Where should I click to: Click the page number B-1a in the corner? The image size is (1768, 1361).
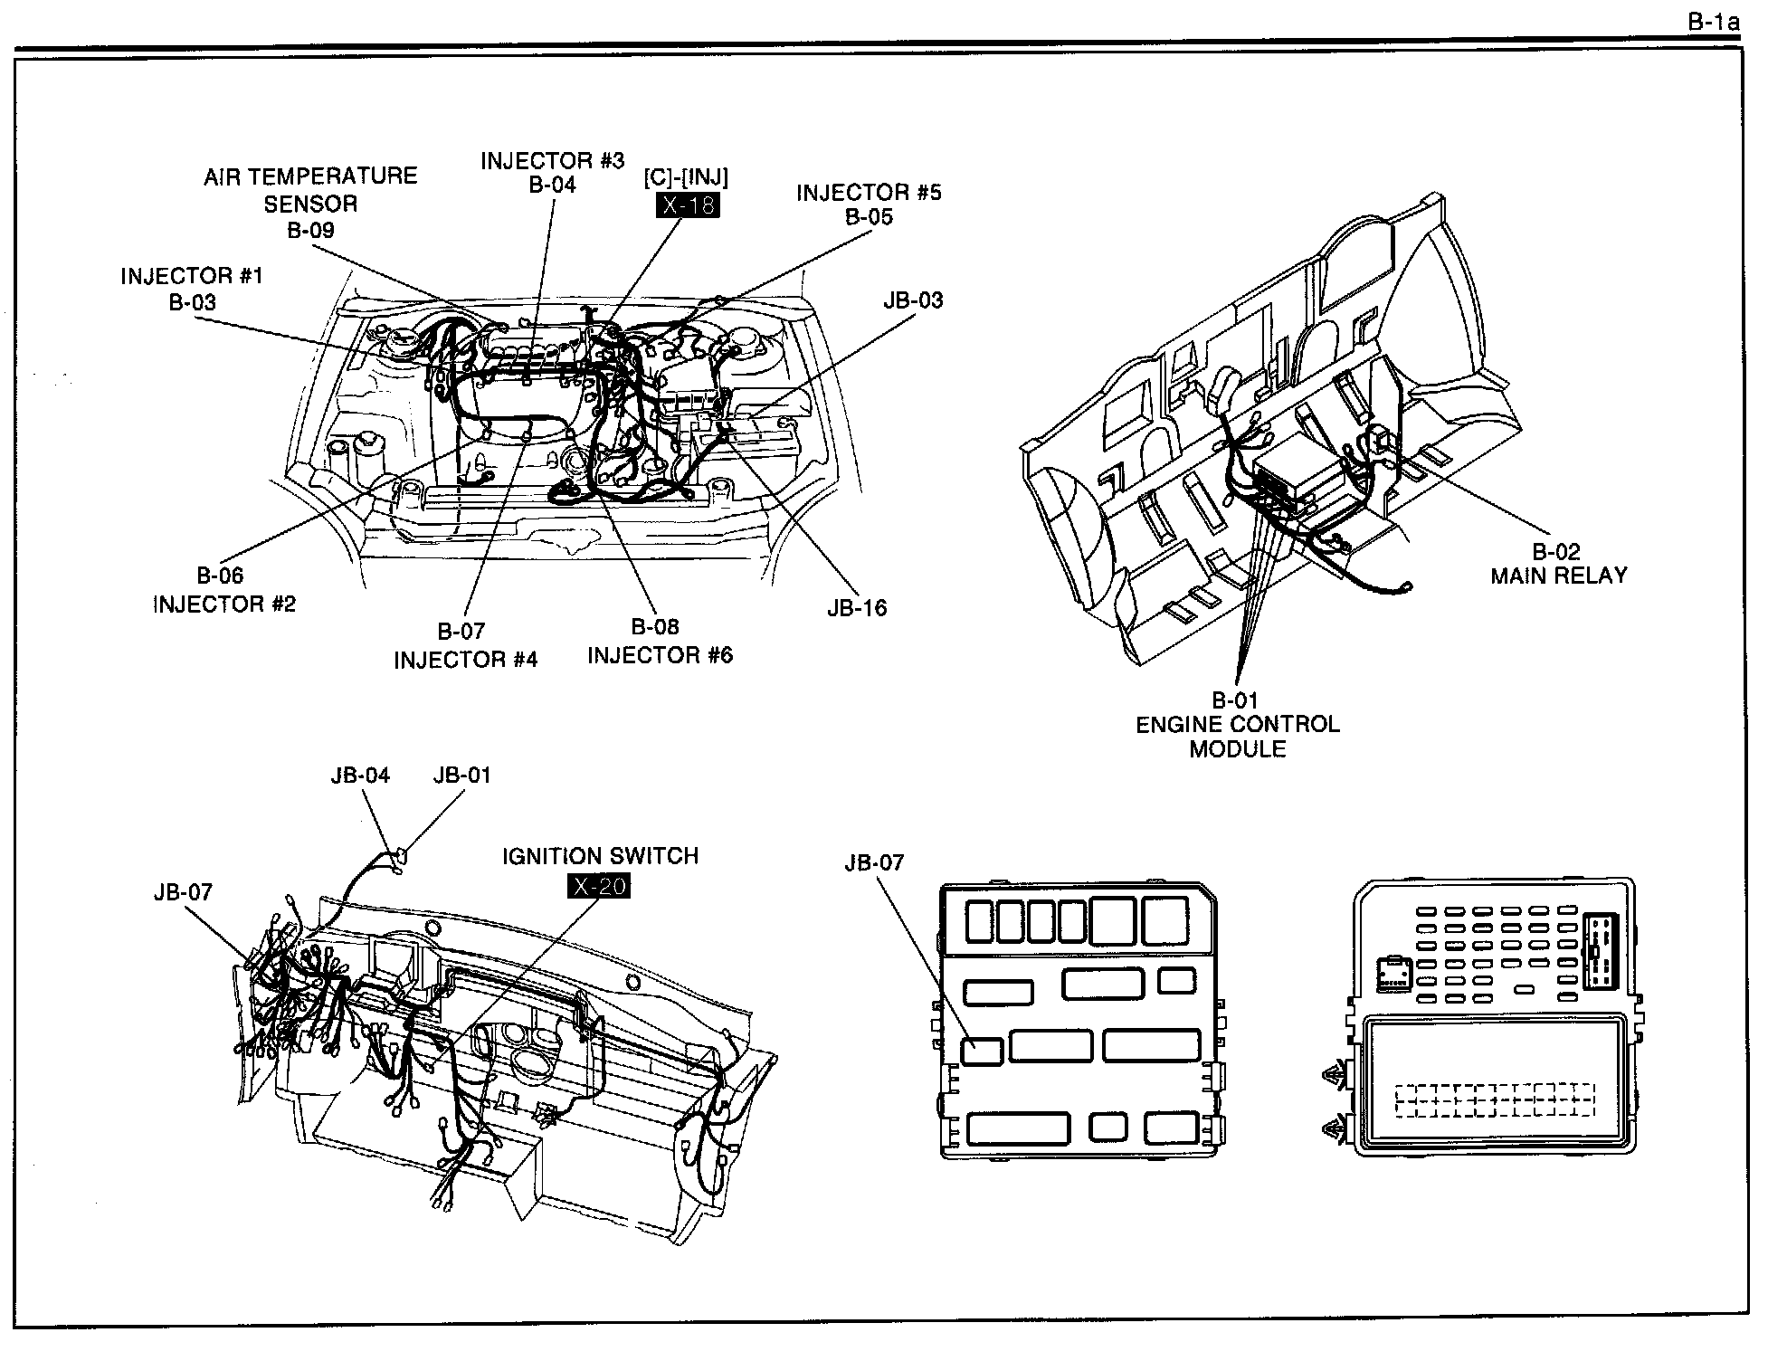[x=1714, y=23]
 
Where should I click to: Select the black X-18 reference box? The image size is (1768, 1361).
[x=688, y=205]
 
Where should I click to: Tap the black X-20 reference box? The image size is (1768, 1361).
[x=598, y=887]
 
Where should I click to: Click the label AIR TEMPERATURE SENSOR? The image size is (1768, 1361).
[x=310, y=189]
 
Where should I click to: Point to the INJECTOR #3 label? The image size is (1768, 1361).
[x=552, y=161]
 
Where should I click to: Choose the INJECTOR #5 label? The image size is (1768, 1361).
[x=869, y=193]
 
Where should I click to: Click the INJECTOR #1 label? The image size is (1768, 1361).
[x=192, y=276]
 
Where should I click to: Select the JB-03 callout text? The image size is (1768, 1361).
[x=913, y=300]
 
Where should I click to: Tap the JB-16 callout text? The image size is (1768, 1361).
[x=857, y=608]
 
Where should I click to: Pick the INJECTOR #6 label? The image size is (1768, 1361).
[x=660, y=655]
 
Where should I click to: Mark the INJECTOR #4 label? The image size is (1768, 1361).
[x=465, y=660]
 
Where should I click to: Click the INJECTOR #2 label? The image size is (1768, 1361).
[x=224, y=604]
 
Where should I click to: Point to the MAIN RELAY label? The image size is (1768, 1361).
[x=1559, y=576]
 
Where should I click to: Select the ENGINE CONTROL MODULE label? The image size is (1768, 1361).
[x=1237, y=737]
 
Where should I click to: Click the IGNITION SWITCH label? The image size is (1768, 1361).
[x=601, y=856]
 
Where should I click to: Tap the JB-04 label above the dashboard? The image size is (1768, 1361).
[x=360, y=776]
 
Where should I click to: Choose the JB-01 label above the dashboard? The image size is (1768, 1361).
[x=461, y=776]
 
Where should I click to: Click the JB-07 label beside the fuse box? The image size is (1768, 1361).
[x=874, y=862]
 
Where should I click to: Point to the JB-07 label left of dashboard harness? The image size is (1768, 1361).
[x=183, y=892]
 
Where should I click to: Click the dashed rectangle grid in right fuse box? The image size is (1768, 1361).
[x=1495, y=1099]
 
